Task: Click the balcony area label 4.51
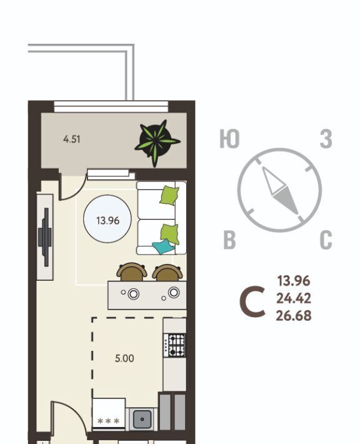click(72, 139)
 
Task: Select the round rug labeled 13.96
click(107, 219)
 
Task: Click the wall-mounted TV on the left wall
click(45, 237)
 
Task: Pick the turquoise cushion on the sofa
click(163, 246)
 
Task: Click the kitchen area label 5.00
click(124, 358)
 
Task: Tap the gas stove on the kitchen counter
click(174, 345)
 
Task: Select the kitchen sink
click(142, 419)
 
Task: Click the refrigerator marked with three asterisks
click(109, 415)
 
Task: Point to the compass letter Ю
click(229, 139)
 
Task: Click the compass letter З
click(326, 139)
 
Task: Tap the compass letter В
click(229, 240)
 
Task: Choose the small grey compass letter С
click(326, 240)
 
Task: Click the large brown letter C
click(252, 301)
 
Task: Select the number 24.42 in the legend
click(294, 298)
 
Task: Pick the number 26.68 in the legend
click(294, 316)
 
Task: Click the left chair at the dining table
click(132, 272)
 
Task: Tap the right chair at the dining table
click(167, 273)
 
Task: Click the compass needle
click(279, 190)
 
